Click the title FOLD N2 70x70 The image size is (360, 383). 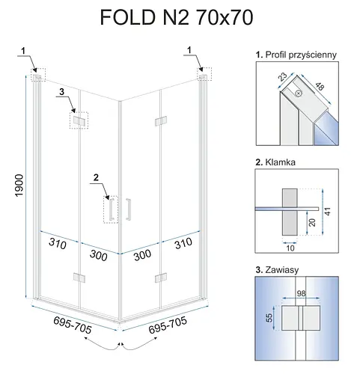pos(177,18)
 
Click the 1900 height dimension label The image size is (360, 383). pos(19,186)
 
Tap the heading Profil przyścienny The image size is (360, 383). pos(301,55)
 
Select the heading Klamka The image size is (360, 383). pos(280,162)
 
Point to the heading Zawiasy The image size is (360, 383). pos(282,270)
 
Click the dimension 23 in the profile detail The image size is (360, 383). pos(283,77)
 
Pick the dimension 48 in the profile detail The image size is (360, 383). pos(320,86)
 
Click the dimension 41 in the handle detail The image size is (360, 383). pos(328,211)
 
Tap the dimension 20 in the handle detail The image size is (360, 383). pos(312,222)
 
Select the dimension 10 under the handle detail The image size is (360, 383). pos(290,248)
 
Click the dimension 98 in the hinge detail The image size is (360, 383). pos(301,293)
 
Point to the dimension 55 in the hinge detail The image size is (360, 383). pos(269,318)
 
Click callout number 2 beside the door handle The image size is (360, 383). pos(96,177)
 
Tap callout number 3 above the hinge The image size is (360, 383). pos(61,92)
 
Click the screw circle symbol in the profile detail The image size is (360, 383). pos(299,94)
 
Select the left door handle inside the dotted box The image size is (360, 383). pos(112,209)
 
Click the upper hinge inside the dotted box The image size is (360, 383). pos(79,121)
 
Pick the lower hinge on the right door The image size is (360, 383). pos(161,278)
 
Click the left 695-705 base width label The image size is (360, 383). pos(73,325)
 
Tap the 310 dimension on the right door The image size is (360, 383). pos(183,243)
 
